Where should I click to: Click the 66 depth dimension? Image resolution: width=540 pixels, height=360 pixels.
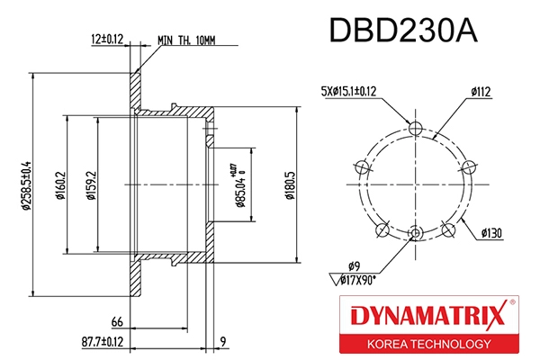click(116, 322)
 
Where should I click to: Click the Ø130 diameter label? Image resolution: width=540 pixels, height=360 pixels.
click(490, 233)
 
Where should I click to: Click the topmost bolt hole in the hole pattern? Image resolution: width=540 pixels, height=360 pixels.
click(414, 129)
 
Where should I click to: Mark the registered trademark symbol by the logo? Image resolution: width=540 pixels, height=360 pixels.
click(513, 304)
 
